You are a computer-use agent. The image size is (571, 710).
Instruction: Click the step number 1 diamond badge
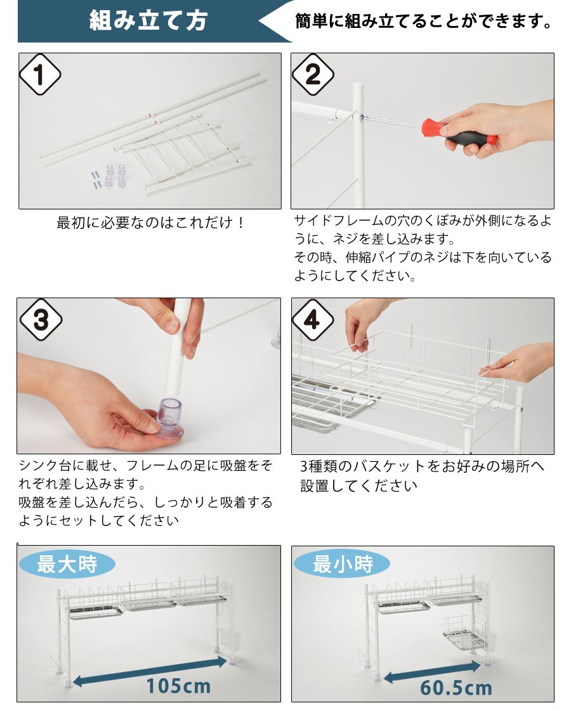tap(40, 75)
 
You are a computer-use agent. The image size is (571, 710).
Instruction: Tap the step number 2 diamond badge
tap(312, 75)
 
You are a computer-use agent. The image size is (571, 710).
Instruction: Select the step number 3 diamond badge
tap(41, 320)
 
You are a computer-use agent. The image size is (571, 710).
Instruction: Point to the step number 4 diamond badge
tap(312, 320)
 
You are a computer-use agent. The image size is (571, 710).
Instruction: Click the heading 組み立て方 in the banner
tap(148, 21)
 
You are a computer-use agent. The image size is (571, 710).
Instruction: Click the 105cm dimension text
tap(178, 686)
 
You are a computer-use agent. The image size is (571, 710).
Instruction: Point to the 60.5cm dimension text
tap(456, 688)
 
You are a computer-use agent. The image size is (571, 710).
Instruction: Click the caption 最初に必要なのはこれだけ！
tap(151, 223)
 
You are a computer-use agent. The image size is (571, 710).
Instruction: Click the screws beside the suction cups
tap(96, 180)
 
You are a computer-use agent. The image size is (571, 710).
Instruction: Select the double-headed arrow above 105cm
tap(150, 671)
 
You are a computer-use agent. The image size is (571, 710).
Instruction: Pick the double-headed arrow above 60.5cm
tap(431, 671)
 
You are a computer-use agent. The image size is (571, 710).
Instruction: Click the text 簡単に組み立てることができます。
tap(423, 21)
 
